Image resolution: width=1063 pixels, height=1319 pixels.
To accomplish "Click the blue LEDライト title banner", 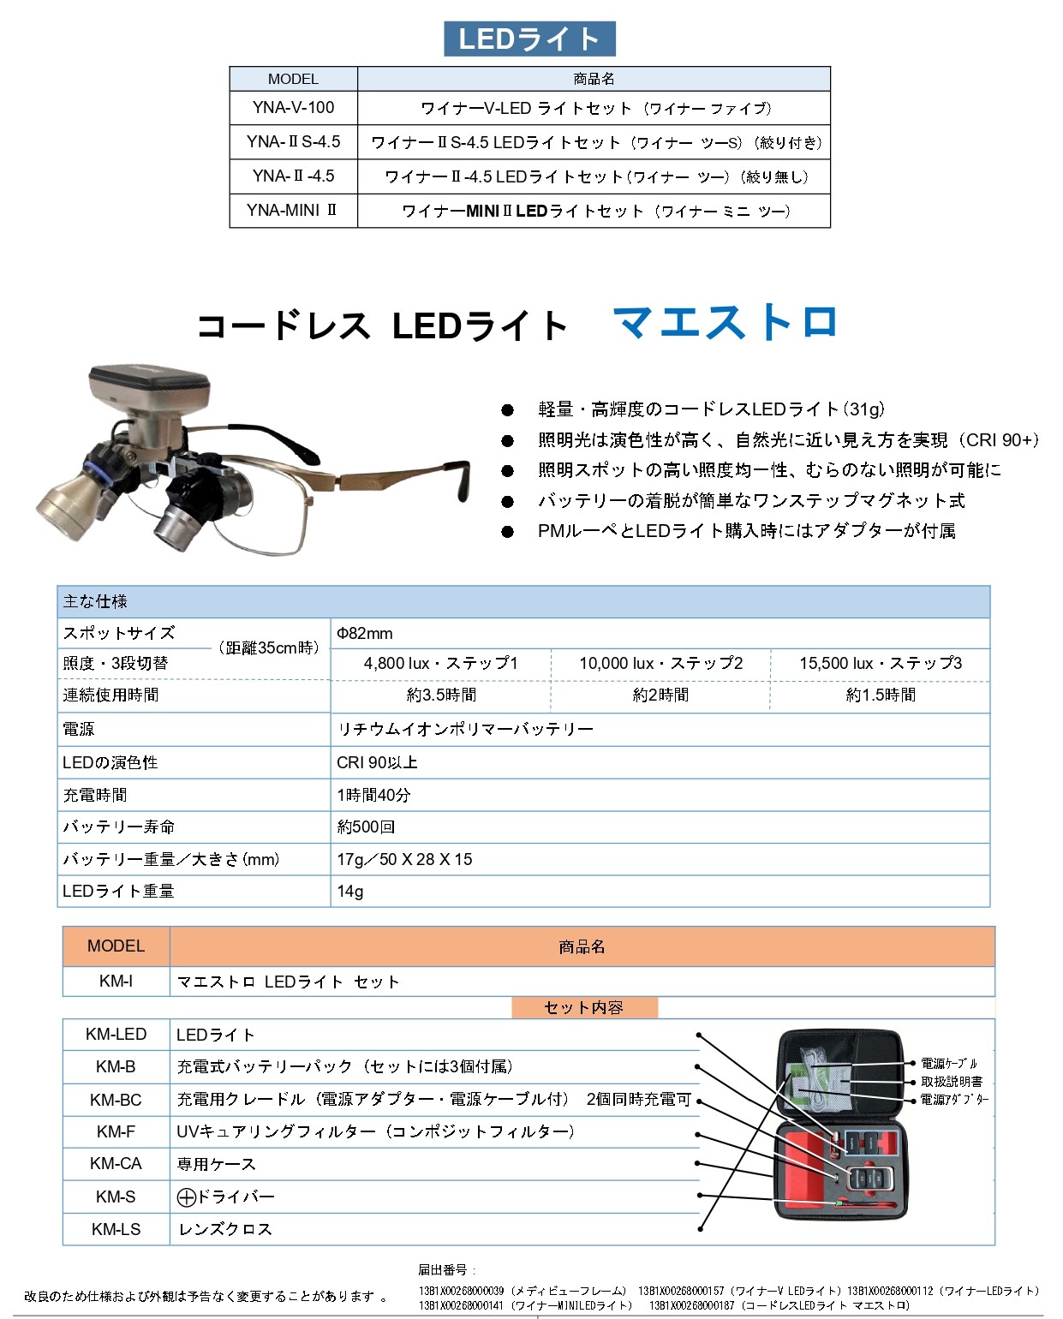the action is pyautogui.click(x=529, y=39).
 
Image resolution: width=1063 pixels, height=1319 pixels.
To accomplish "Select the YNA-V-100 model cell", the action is pyautogui.click(x=293, y=107).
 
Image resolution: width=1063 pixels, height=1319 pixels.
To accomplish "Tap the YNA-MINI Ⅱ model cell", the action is pyautogui.click(x=292, y=210).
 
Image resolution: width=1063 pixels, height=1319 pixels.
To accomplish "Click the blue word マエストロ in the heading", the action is pyautogui.click(x=726, y=322).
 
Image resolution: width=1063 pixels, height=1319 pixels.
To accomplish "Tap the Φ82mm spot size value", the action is pyautogui.click(x=365, y=633).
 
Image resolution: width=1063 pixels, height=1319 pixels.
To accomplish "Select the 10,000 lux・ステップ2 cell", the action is pyautogui.click(x=661, y=663).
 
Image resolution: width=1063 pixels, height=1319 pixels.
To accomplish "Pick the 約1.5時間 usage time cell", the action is pyautogui.click(x=881, y=695).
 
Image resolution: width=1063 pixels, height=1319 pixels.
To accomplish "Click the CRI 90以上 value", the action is pyautogui.click(x=377, y=762).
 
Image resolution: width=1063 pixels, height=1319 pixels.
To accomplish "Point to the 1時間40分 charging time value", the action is pyautogui.click(x=373, y=795).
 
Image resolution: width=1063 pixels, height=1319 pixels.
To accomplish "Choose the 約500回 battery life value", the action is pyautogui.click(x=366, y=827).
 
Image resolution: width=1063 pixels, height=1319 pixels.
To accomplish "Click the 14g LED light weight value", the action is pyautogui.click(x=350, y=892).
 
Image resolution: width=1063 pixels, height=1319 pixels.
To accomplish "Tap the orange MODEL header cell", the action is pyautogui.click(x=116, y=946).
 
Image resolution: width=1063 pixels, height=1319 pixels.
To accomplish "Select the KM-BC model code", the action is pyautogui.click(x=116, y=1100).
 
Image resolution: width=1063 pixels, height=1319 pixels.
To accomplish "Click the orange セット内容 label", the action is pyautogui.click(x=584, y=1007).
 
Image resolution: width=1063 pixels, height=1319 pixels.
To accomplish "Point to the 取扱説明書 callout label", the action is pyautogui.click(x=952, y=1083).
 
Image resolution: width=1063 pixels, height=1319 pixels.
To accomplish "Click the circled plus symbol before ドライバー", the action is pyautogui.click(x=186, y=1197).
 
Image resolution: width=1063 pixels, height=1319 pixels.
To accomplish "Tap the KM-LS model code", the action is pyautogui.click(x=116, y=1230).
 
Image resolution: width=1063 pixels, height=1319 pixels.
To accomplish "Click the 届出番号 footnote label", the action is pyautogui.click(x=443, y=1270).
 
